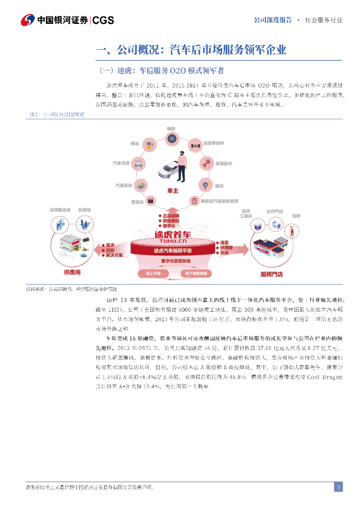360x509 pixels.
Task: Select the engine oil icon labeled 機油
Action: pos(148,144)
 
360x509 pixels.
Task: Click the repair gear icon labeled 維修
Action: pos(205,184)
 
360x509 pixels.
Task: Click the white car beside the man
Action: pos(169,171)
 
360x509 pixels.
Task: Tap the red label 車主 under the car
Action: pos(172,190)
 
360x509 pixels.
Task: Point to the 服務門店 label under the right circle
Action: pos(272,274)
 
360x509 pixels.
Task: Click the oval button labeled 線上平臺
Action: pos(153,272)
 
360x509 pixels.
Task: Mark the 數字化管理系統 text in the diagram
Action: pos(172,261)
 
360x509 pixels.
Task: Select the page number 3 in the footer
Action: pos(338,487)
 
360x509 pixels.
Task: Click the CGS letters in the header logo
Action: pos(103,20)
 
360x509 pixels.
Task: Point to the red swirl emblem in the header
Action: pos(28,20)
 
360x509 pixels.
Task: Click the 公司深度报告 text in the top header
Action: pos(272,20)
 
